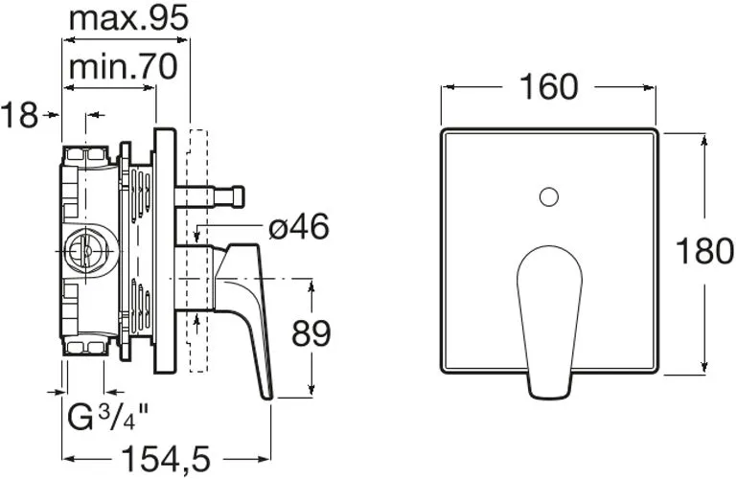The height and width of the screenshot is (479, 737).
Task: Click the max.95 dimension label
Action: pyautogui.click(x=128, y=19)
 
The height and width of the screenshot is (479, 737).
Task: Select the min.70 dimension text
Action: pyautogui.click(x=123, y=67)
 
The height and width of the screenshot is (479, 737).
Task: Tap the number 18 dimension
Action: pyautogui.click(x=19, y=115)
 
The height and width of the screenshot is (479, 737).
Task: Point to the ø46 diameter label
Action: pyautogui.click(x=298, y=227)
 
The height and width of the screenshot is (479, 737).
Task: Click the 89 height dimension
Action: pyautogui.click(x=311, y=333)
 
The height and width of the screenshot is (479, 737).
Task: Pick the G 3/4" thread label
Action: pyautogui.click(x=108, y=418)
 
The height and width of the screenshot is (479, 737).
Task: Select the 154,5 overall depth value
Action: pyautogui.click(x=166, y=458)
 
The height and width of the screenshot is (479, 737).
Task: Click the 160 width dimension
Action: pyautogui.click(x=548, y=87)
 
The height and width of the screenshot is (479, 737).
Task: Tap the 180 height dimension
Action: pyautogui.click(x=704, y=251)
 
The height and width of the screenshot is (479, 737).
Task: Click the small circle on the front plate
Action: pyautogui.click(x=548, y=196)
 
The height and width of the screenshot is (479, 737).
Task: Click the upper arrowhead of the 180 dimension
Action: pyautogui.click(x=703, y=141)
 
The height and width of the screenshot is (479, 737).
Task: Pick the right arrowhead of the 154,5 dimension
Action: pyautogui.click(x=265, y=458)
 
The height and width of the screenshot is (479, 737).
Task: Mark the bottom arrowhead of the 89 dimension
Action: pyautogui.click(x=311, y=389)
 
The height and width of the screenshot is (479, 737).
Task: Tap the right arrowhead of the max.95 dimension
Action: pyautogui.click(x=182, y=40)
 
